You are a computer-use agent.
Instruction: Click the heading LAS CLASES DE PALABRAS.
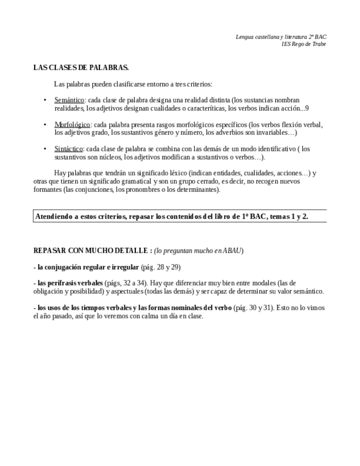81,68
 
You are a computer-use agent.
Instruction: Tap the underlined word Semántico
69,101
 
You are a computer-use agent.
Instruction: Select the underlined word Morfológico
72,125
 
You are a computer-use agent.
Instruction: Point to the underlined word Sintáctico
69,149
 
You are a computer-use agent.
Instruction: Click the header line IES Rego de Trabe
303,44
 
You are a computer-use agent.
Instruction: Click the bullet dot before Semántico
45,101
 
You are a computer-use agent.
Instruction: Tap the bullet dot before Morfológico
45,125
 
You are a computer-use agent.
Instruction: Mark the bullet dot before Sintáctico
45,149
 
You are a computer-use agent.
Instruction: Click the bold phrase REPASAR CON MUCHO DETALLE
91,251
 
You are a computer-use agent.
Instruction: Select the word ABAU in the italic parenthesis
231,251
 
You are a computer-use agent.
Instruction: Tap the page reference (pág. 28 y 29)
161,267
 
